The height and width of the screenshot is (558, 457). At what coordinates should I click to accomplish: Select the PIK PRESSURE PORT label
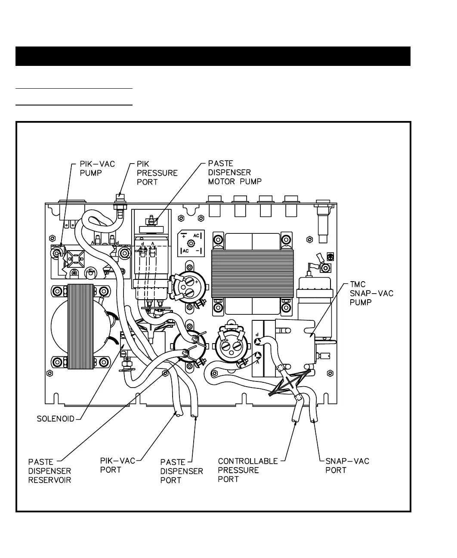point(157,173)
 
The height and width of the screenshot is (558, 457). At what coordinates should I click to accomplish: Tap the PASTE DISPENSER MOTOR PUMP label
point(235,173)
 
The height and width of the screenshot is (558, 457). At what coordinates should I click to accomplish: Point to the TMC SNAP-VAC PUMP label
point(371,293)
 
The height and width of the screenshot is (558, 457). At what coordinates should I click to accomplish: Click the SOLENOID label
point(56,418)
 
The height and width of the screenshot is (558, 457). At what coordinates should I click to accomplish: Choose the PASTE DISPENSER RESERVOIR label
point(49,471)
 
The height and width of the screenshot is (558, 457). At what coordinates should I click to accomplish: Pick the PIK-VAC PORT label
point(117,465)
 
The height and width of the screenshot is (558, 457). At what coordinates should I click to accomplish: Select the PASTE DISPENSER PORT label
point(181,471)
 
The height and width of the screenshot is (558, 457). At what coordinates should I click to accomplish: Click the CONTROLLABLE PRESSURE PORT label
point(247,470)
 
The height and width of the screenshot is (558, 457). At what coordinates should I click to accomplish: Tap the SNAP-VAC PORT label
point(347,465)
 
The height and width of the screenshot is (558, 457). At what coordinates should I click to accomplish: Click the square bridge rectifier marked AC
point(191,243)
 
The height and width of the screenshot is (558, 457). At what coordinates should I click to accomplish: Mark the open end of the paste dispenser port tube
point(194,416)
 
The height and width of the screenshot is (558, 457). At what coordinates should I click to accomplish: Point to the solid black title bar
point(213,56)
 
